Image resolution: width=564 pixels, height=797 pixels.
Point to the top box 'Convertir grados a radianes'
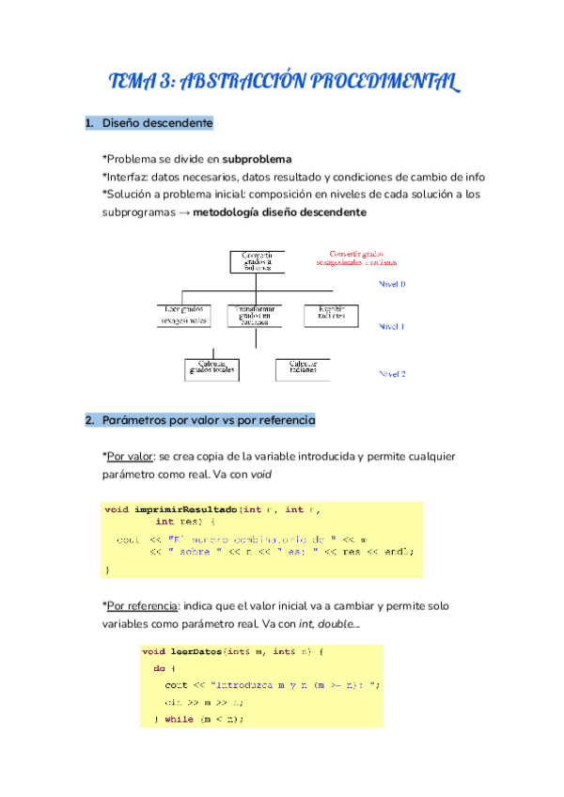tap(258, 260)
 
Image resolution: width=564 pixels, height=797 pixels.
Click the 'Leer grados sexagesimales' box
tap(184, 314)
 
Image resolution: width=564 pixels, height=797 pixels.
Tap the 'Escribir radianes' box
tap(332, 314)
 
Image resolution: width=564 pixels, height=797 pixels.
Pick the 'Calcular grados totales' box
tap(212, 368)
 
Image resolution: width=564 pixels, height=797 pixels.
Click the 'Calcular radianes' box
tap(303, 368)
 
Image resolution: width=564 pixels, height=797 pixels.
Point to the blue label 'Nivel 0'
tap(392, 283)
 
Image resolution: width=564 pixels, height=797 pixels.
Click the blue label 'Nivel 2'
tap(392, 373)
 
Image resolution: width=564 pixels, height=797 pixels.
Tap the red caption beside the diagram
tap(363, 258)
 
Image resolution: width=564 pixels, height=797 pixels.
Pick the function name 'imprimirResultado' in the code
tap(184, 508)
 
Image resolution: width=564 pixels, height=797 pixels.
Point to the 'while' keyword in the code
tap(180, 719)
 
